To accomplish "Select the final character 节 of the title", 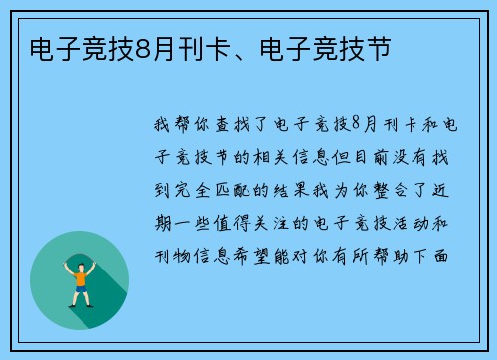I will coord(378,47).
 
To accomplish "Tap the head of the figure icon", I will coord(80,260).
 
